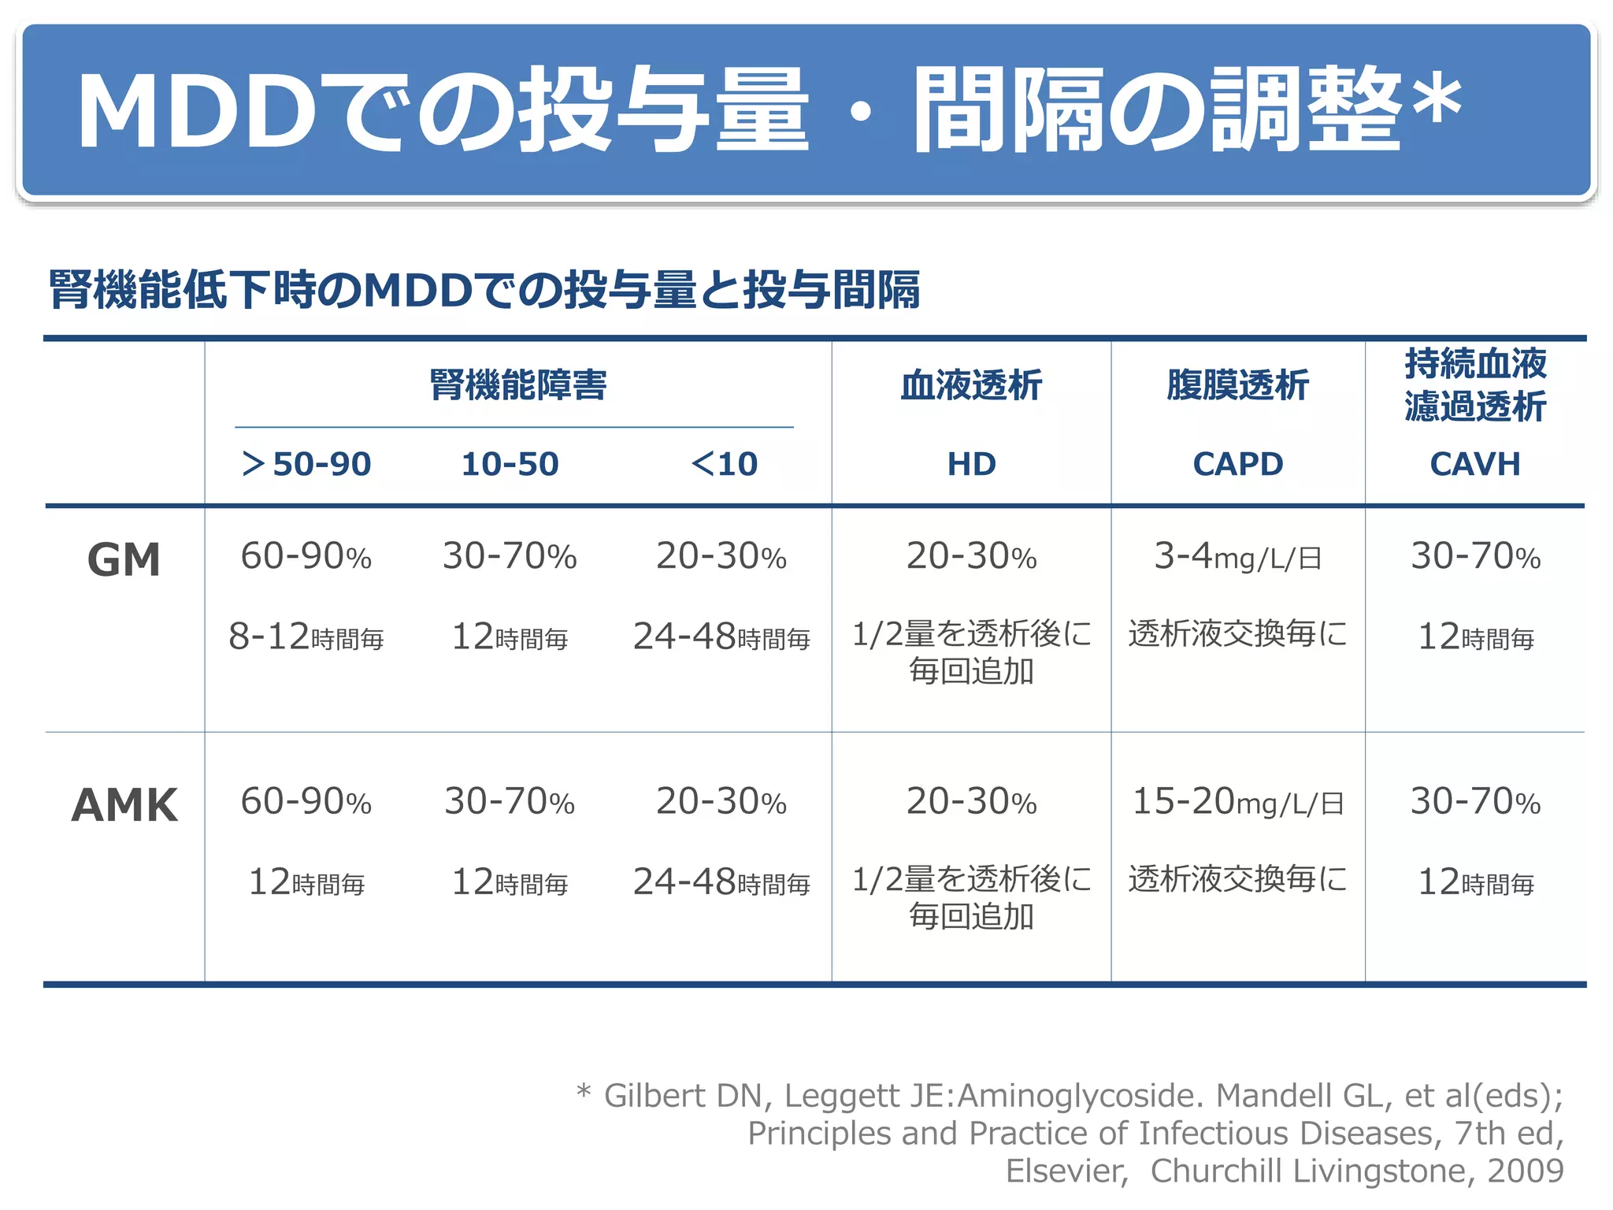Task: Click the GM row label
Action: [x=124, y=560]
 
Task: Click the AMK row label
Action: [x=124, y=805]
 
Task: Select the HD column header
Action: [x=971, y=464]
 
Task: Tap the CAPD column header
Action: [x=1237, y=464]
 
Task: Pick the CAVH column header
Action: [x=1474, y=464]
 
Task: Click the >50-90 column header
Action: [x=306, y=464]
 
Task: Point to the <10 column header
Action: [x=724, y=464]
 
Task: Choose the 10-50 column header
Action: [x=510, y=464]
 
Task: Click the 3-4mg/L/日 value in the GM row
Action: [x=1237, y=556]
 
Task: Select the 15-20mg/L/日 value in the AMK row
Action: [x=1237, y=802]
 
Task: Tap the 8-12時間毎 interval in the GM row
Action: [x=306, y=637]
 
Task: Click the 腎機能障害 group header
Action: [x=517, y=385]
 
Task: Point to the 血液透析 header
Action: [x=971, y=385]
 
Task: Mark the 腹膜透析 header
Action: [x=1237, y=385]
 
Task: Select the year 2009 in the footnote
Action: [x=1525, y=1171]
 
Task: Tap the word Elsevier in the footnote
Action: [x=1066, y=1171]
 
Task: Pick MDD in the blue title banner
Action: [x=197, y=110]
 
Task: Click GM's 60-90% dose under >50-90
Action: [x=306, y=556]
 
